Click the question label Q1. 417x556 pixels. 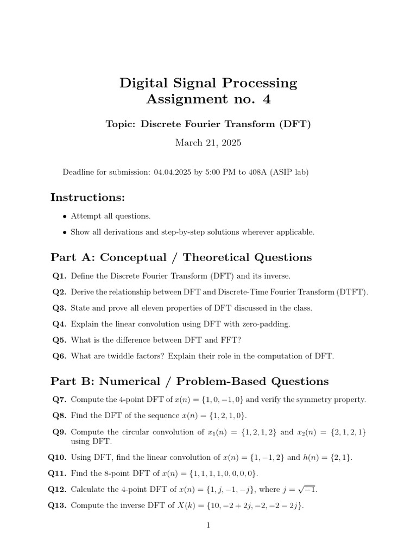(59, 276)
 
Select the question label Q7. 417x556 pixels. (59, 400)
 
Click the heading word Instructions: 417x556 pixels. (87, 197)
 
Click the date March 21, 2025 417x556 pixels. (208, 143)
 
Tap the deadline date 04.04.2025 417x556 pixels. (173, 172)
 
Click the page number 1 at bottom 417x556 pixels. (208, 525)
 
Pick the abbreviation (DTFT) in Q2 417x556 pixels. (351, 292)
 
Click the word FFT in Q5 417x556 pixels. (230, 340)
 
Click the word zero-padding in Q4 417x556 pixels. (264, 324)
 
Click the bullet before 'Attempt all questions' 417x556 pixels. (65, 216)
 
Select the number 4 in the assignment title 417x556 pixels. (266, 99)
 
